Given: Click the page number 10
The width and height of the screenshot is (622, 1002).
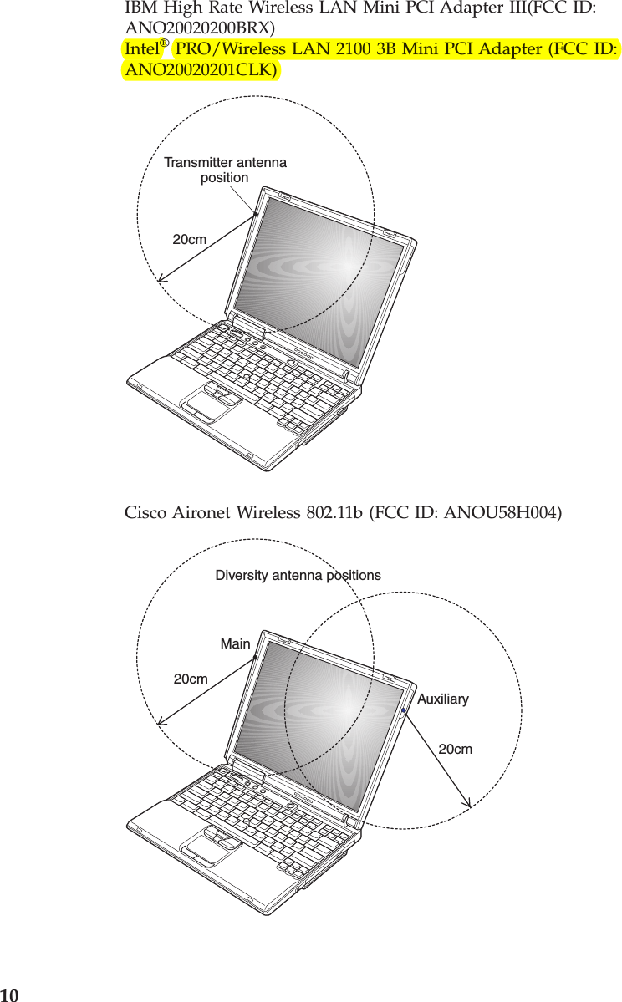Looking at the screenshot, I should (9, 994).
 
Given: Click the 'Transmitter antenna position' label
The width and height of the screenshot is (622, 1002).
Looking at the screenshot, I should (225, 170).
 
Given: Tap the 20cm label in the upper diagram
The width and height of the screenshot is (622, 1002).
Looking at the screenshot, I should (189, 240).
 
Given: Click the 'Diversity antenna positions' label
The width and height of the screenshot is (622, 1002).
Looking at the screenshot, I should (298, 575).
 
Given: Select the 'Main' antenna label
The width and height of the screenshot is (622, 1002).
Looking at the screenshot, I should (235, 643).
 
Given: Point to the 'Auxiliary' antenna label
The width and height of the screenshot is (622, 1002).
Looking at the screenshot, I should (442, 699).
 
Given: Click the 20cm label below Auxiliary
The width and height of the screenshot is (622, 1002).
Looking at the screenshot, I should (455, 750).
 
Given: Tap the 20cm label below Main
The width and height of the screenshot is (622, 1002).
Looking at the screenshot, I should (190, 679).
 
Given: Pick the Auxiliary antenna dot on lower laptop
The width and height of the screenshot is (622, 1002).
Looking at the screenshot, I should (403, 711).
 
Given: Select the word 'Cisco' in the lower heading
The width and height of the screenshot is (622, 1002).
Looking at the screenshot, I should (144, 511).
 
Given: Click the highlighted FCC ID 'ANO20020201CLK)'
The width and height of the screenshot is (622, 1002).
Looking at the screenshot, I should (201, 69).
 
